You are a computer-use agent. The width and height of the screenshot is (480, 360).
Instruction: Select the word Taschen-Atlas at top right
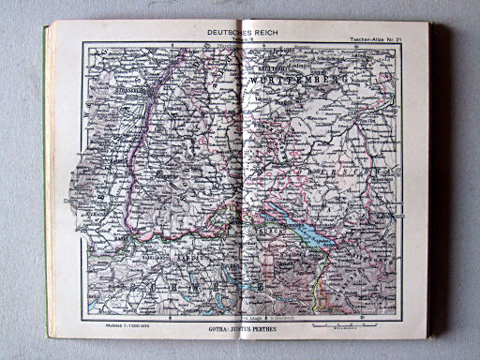pyautogui.click(x=368, y=39)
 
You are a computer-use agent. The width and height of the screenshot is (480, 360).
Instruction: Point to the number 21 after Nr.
pyautogui.click(x=401, y=39)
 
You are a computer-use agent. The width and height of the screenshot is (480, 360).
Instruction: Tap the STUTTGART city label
pyautogui.click(x=266, y=67)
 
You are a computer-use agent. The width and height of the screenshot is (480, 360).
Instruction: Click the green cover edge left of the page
pyautogui.click(x=47, y=187)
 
